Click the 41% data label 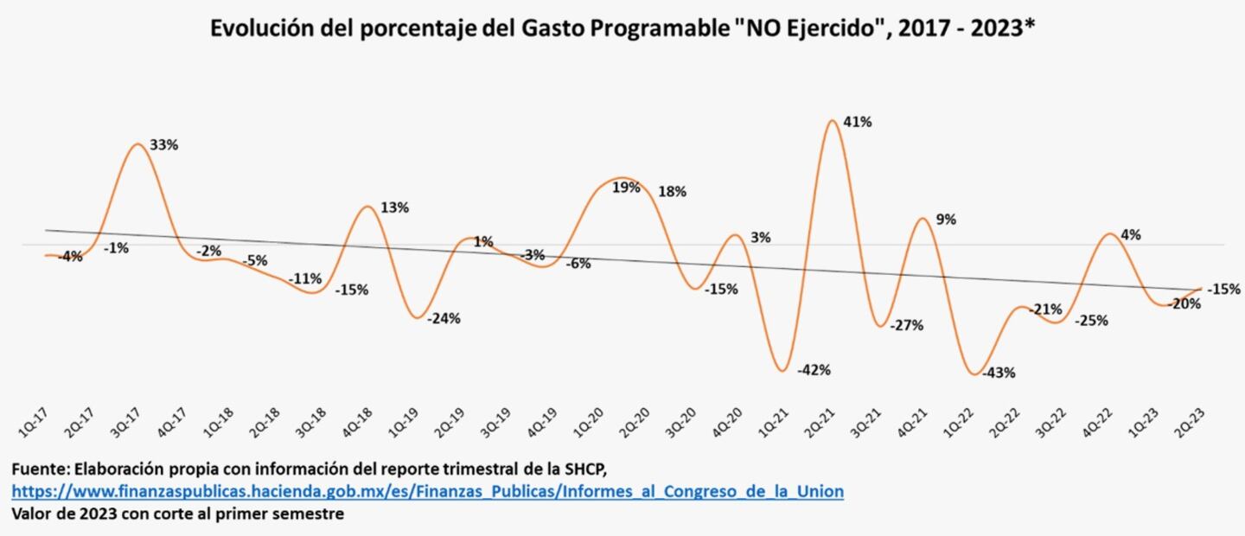pos(858,123)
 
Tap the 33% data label pos(164,145)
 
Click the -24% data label pos(445,318)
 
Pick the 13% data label pos(394,207)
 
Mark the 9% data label pos(946,220)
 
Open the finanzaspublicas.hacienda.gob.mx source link pos(427,492)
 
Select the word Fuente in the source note pos(39,469)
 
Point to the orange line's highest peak pos(832,120)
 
